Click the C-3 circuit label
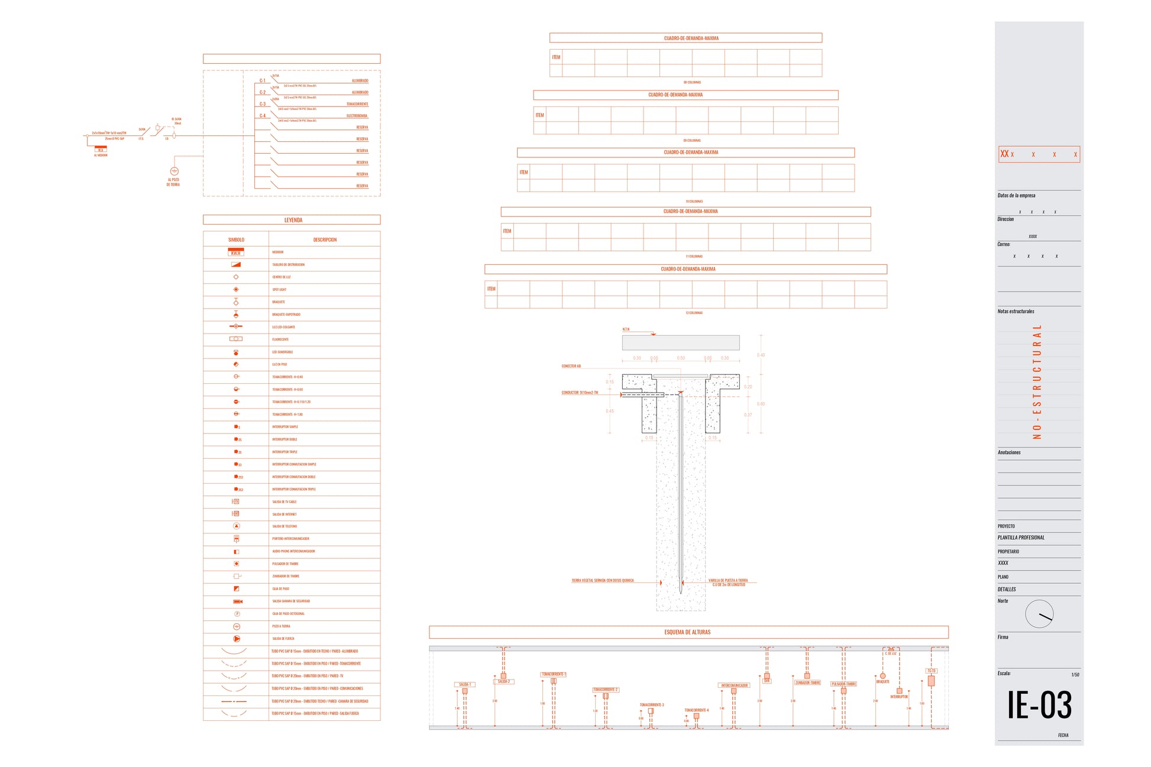(263, 104)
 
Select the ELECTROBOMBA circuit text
(357, 116)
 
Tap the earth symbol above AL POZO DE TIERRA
(174, 171)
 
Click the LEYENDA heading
(293, 220)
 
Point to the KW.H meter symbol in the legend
(236, 252)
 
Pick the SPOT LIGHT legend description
(279, 290)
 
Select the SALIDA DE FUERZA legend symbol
(237, 639)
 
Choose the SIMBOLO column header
(236, 240)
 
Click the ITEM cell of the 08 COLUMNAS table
(556, 57)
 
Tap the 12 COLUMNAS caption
(694, 313)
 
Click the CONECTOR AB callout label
(571, 366)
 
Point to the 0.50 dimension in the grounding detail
(681, 358)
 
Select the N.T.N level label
(626, 329)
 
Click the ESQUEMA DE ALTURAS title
(687, 632)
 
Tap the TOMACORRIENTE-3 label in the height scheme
(651, 705)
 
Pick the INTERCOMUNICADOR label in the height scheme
(734, 685)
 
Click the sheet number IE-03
(1039, 705)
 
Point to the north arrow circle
(1039, 614)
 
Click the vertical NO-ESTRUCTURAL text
(1036, 381)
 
